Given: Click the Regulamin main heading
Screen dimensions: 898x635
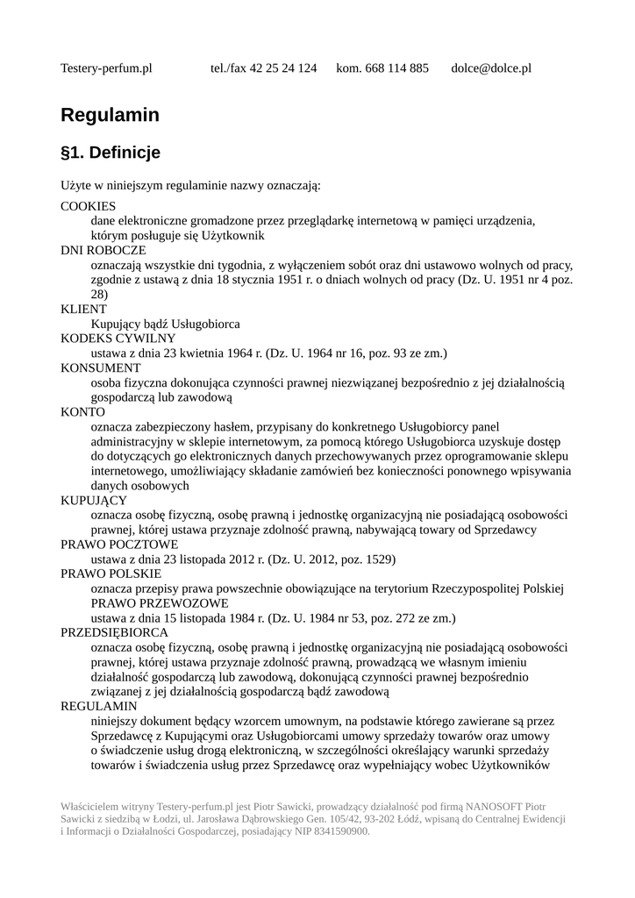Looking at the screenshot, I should [x=110, y=115].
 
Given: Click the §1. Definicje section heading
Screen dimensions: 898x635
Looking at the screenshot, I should [x=111, y=153].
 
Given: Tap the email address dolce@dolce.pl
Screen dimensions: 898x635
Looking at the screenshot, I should [x=490, y=68].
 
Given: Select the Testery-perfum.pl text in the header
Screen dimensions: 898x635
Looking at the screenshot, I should [x=106, y=68].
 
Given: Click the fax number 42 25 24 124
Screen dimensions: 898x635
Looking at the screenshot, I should [x=283, y=68].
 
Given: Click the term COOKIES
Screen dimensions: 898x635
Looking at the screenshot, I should [x=88, y=206].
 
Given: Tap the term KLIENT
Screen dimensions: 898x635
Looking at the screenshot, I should [x=83, y=310].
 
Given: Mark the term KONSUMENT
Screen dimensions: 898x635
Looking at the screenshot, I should [x=100, y=368].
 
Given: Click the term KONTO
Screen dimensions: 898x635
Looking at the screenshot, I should [x=82, y=412].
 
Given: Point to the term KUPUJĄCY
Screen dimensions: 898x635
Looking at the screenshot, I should [x=94, y=501].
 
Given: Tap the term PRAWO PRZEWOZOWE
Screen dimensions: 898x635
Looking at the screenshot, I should [x=160, y=603].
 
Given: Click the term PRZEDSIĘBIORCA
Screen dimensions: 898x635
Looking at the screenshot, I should [x=114, y=632].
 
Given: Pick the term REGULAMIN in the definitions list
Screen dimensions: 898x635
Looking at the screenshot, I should [x=98, y=706].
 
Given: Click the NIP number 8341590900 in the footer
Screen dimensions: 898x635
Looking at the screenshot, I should [x=339, y=831].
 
